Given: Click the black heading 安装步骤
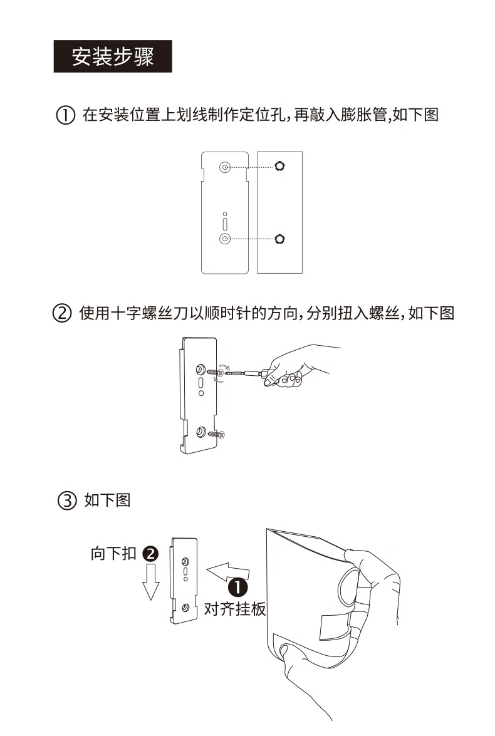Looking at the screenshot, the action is pyautogui.click(x=113, y=56).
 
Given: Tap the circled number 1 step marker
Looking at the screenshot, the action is pyautogui.click(x=65, y=115).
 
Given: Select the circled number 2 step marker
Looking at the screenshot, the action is pyautogui.click(x=62, y=313).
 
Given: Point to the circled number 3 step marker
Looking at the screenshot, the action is pyautogui.click(x=66, y=500).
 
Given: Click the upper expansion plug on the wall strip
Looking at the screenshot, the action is pyautogui.click(x=280, y=166).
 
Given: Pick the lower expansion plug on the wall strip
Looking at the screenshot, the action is pyautogui.click(x=280, y=239).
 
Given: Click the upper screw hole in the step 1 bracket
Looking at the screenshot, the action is pyautogui.click(x=225, y=167).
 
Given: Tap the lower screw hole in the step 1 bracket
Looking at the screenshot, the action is pyautogui.click(x=225, y=239).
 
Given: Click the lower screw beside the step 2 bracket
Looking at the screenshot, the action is pyautogui.click(x=217, y=434).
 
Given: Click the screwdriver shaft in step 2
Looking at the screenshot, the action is pyautogui.click(x=244, y=374).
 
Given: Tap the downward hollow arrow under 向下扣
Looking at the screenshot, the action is pyautogui.click(x=151, y=582).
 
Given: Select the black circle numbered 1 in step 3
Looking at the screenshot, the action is pyautogui.click(x=237, y=587).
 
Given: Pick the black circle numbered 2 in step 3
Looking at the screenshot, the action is pyautogui.click(x=150, y=553).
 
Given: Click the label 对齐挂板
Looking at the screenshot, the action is pyautogui.click(x=235, y=609).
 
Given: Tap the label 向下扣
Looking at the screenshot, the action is pyautogui.click(x=113, y=553).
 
